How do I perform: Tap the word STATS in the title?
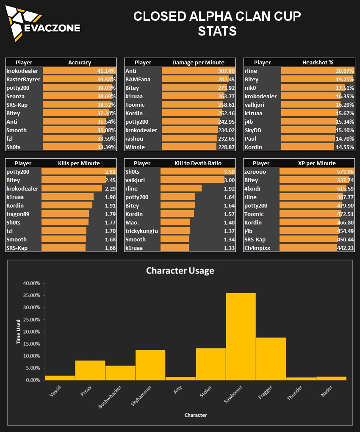click(x=217, y=31)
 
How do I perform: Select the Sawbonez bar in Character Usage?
click(x=241, y=336)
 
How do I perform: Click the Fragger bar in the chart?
click(x=271, y=359)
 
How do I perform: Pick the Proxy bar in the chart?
click(x=90, y=370)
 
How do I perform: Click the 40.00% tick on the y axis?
click(x=30, y=283)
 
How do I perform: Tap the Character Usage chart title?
click(x=180, y=270)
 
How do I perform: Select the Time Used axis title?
click(x=19, y=332)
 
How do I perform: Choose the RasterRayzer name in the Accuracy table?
click(x=23, y=79)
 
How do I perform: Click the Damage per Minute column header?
click(x=198, y=62)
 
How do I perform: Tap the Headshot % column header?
click(x=318, y=62)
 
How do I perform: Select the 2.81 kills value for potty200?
click(x=110, y=172)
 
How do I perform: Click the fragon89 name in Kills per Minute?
click(x=18, y=214)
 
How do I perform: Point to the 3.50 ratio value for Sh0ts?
click(x=229, y=172)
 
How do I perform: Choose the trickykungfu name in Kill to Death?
click(x=141, y=231)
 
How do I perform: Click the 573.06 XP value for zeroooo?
click(x=345, y=172)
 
